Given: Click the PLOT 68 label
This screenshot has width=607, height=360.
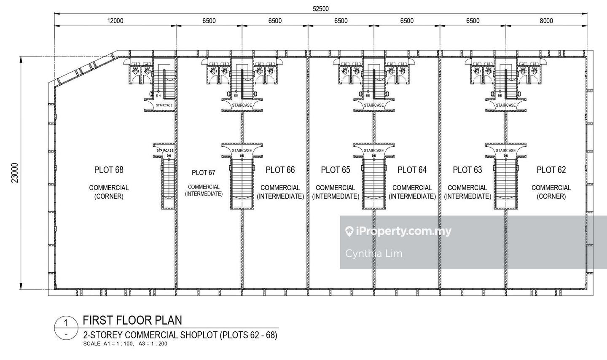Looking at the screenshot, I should tap(109, 170).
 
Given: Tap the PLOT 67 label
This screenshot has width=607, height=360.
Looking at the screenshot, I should tap(204, 172).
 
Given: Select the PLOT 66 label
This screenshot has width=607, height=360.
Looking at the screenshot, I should tap(280, 170).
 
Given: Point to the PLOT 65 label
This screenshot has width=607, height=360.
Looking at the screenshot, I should tap(336, 170).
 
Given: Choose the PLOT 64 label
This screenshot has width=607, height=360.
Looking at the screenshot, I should tap(412, 170).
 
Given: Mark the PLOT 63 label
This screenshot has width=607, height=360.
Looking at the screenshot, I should tap(467, 170).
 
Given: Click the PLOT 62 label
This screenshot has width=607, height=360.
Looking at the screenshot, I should tap(551, 170).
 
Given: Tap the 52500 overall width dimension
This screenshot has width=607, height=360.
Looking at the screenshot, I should tap(320, 8).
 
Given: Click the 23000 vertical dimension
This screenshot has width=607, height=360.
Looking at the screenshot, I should tap(15, 173).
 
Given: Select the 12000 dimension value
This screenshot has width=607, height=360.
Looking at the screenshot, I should tap(115, 21).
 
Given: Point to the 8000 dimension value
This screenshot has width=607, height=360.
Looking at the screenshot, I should tap(546, 21).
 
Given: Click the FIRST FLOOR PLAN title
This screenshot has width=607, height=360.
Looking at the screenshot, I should tap(132, 320).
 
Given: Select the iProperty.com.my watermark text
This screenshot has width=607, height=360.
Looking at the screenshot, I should tap(398, 231).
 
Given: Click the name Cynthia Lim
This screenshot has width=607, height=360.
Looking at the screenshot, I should tap(374, 253).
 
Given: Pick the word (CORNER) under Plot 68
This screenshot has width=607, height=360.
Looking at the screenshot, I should tap(109, 196).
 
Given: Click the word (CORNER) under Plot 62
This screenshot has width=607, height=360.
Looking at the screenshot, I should tap(551, 196).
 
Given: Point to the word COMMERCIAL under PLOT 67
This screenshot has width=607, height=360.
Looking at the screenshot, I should tap(204, 187).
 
